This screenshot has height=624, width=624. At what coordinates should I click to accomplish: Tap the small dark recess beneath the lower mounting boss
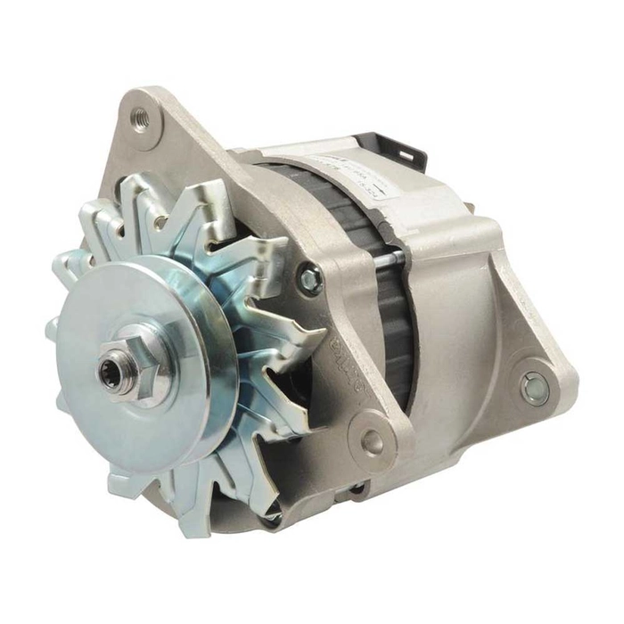(x=357, y=487)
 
